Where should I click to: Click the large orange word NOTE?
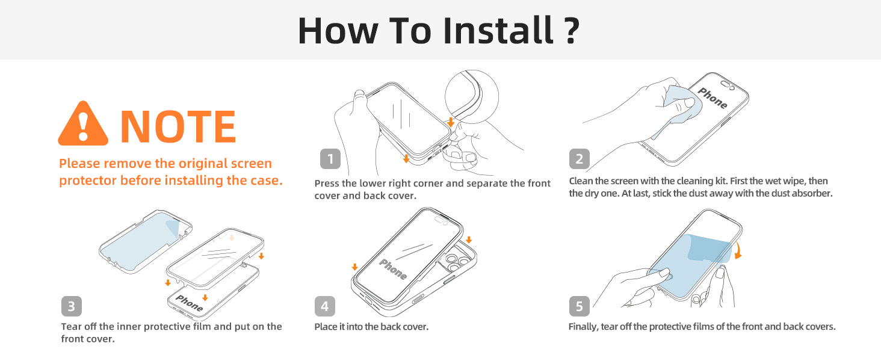click(x=178, y=126)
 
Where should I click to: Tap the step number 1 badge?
click(x=330, y=159)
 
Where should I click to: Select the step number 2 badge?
click(x=580, y=159)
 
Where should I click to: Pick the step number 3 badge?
click(x=71, y=306)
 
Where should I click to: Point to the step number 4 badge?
click(x=324, y=306)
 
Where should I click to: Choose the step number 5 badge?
click(x=580, y=306)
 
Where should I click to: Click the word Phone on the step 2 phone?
click(x=713, y=98)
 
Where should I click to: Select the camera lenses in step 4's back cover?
click(x=457, y=262)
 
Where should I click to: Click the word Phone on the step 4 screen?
click(x=392, y=269)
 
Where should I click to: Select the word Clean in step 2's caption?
click(x=581, y=181)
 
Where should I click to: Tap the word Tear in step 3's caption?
click(x=71, y=326)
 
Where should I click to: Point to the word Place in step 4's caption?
click(x=326, y=327)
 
